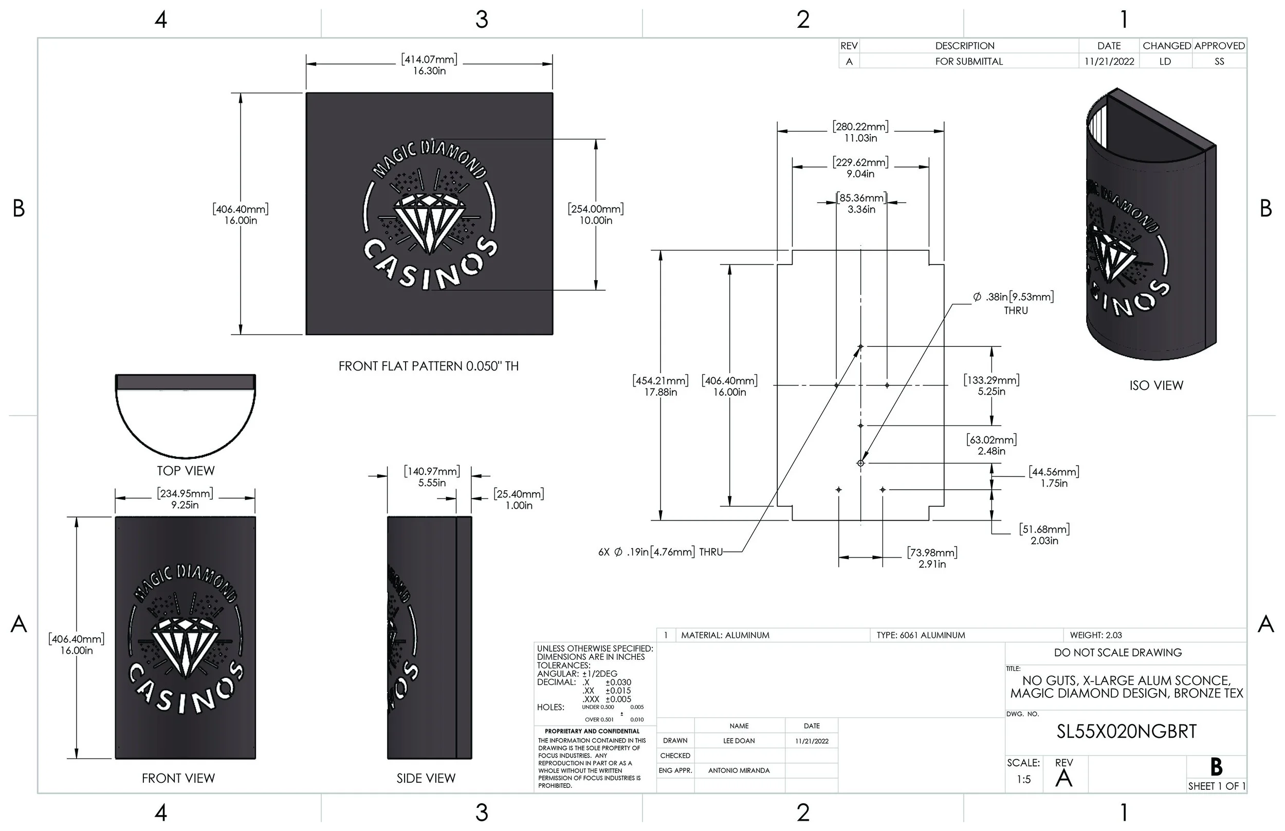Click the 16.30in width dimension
[x=429, y=71]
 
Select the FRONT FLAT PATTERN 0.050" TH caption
[x=429, y=366]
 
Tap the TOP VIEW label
[x=186, y=471]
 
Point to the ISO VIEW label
[x=1156, y=386]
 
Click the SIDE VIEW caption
[x=426, y=778]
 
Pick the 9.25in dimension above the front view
[x=185, y=505]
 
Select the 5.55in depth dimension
[x=432, y=483]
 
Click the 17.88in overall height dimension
[x=660, y=392]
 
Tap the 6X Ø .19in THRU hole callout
[x=659, y=552]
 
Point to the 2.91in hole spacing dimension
[x=932, y=564]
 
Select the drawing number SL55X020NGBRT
[x=1126, y=732]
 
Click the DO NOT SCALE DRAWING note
[x=1118, y=653]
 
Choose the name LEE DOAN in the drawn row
[x=739, y=741]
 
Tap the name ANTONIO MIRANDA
[x=739, y=770]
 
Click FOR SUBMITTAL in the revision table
[x=969, y=62]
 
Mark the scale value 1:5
[x=1023, y=779]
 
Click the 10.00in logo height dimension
[x=596, y=220]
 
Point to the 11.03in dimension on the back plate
[x=860, y=138]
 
